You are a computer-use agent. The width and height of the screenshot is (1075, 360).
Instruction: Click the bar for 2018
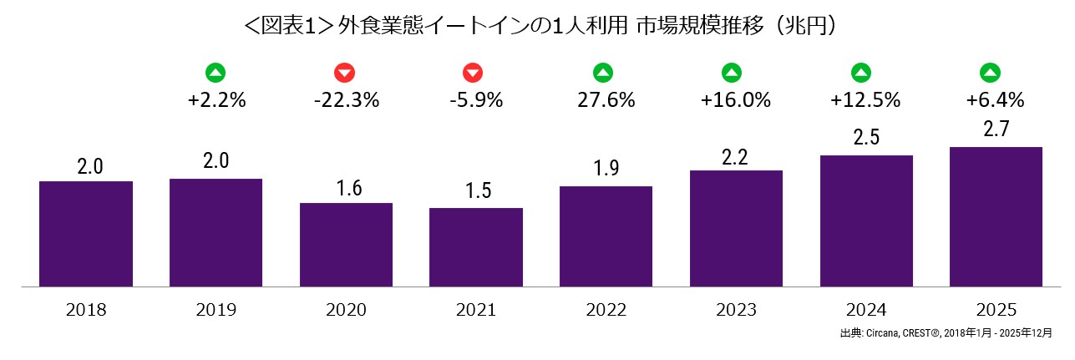pos(86,234)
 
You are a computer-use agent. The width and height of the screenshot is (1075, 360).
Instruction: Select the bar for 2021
pos(476,247)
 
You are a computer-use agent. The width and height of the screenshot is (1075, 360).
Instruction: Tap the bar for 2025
pos(996,217)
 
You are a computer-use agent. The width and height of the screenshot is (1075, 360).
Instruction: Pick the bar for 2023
pos(736,229)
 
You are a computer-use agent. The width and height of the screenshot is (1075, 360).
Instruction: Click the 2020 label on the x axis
pos(347,311)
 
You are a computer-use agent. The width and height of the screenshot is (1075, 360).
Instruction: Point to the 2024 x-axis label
pos(866,311)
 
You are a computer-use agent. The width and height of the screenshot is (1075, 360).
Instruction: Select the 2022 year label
pos(606,311)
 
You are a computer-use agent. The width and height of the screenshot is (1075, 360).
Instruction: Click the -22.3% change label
pos(347,101)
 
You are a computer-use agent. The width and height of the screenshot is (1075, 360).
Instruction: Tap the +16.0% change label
pos(736,101)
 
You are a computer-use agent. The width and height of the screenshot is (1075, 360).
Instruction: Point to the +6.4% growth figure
pos(995,101)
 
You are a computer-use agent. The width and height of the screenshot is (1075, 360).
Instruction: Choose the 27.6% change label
pos(606,101)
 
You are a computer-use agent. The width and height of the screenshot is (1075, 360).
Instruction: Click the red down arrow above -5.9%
pos(473,73)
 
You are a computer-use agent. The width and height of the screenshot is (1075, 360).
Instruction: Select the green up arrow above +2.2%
pos(216,73)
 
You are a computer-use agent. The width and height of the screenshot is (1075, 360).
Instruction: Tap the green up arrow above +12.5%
pos(861,73)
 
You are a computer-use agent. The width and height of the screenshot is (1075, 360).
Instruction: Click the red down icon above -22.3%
pos(344,73)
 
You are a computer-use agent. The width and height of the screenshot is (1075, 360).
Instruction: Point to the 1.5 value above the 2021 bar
pos(476,192)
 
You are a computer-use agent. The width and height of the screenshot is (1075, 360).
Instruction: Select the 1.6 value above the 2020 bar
pos(347,187)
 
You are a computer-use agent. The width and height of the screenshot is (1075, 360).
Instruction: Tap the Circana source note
pos(946,333)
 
